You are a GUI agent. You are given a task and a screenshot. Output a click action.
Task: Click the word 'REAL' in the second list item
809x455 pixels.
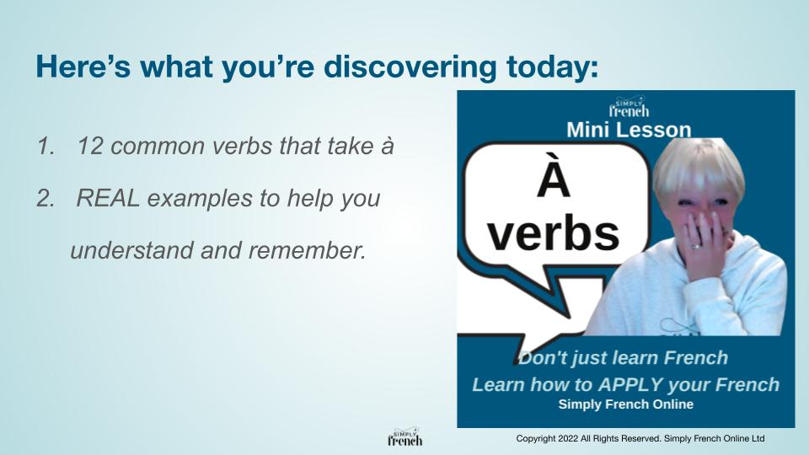[106, 199]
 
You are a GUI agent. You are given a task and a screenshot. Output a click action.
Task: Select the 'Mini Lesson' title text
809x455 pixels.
[629, 129]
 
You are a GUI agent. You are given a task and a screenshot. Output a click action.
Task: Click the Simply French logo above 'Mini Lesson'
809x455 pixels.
[629, 108]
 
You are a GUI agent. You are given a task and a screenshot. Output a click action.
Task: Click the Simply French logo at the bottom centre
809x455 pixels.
[404, 437]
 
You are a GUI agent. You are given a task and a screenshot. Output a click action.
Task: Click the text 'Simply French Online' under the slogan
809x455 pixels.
[625, 404]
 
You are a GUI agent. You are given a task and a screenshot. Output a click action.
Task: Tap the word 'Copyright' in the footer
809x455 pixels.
[537, 439]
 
